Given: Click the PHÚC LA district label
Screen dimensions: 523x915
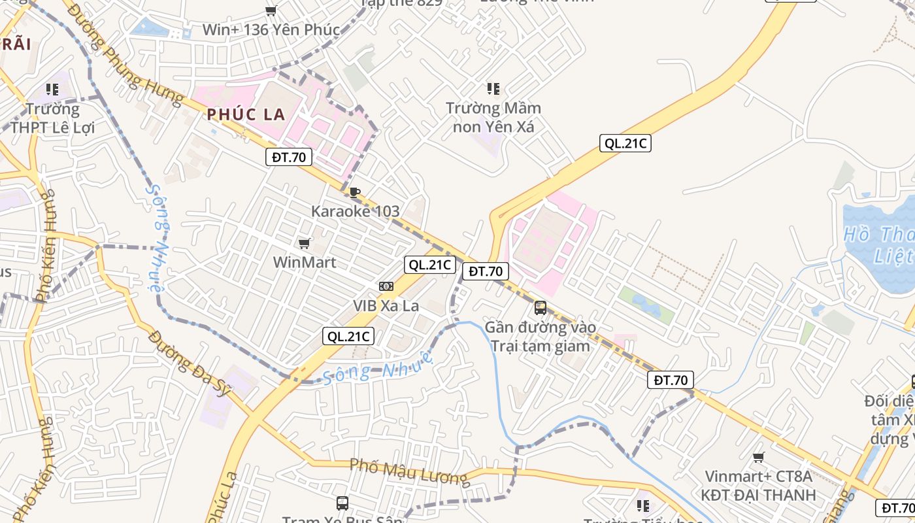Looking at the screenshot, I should click(x=246, y=114).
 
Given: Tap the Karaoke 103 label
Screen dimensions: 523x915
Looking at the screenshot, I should click(x=355, y=211).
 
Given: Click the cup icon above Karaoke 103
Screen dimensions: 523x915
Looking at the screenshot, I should click(x=354, y=192).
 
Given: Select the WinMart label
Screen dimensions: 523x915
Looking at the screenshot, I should click(x=305, y=262).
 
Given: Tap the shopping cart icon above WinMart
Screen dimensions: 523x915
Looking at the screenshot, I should click(x=304, y=244).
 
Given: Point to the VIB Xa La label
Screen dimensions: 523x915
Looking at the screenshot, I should click(x=386, y=305).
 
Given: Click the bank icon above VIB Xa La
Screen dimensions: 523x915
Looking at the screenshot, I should click(x=386, y=286).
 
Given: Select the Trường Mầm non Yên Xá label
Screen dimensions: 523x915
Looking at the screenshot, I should click(x=493, y=117).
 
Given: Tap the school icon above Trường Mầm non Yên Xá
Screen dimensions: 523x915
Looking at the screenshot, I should click(x=493, y=88).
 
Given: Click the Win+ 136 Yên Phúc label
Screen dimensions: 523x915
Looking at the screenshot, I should click(x=271, y=29).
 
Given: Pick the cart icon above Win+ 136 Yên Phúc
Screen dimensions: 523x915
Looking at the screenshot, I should click(x=271, y=10).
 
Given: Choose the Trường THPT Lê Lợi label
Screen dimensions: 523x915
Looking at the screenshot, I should click(x=52, y=118).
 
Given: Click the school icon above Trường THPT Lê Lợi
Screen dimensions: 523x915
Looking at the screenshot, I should click(x=52, y=89).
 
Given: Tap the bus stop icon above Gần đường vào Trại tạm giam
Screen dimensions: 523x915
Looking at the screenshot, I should click(x=541, y=307).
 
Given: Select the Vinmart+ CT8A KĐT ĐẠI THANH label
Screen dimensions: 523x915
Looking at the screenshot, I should click(x=758, y=486).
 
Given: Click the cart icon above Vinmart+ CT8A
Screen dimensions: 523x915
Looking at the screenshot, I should click(x=758, y=458).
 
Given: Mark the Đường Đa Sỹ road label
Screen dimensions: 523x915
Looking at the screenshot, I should click(x=190, y=363).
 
